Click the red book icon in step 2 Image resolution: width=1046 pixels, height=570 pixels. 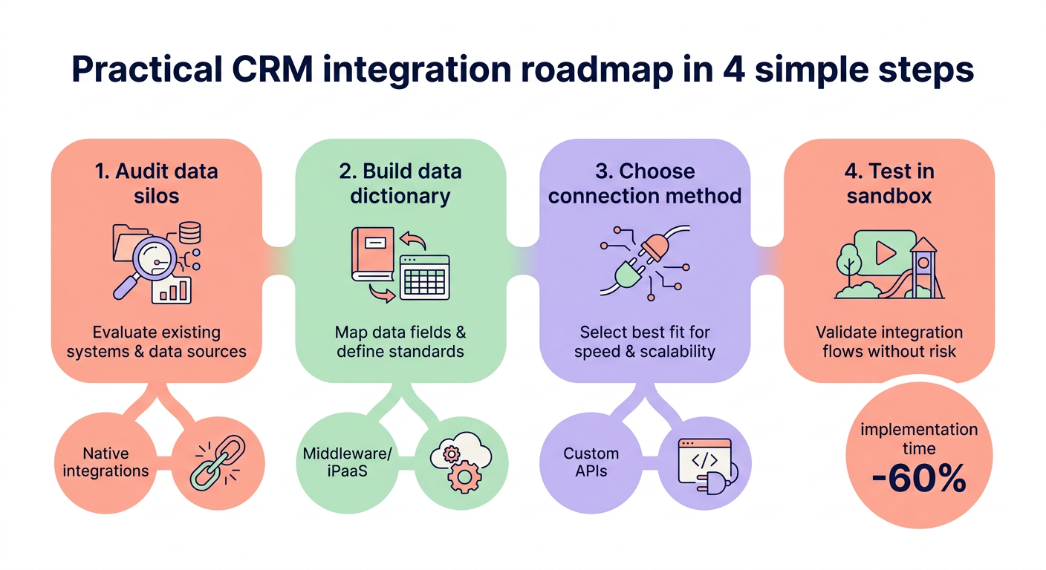[372, 256]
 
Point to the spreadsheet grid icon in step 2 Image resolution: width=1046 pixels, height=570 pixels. [424, 277]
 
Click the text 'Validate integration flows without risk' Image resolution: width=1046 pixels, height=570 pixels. [889, 341]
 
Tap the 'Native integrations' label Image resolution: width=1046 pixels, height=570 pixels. [105, 462]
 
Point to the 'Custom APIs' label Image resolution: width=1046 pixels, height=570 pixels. [591, 462]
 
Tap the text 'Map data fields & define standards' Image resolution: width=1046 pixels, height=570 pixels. [400, 341]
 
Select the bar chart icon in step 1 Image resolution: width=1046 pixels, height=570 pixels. [171, 289]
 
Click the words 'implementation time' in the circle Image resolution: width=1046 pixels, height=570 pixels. [919, 439]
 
